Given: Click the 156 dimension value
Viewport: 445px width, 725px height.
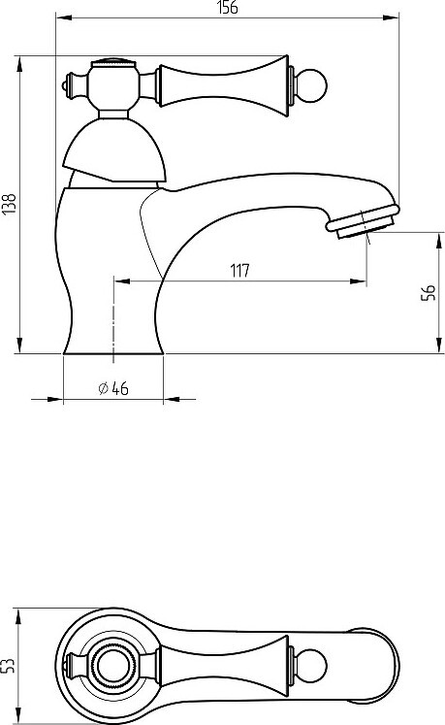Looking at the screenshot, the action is tap(228, 8).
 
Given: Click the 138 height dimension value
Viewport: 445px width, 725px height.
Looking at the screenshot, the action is tap(10, 204).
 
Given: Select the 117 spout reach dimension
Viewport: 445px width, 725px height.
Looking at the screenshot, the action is tap(239, 270).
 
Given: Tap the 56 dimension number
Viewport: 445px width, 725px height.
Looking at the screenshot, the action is tap(429, 293).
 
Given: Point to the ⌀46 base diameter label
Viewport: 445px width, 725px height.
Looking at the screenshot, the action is tap(113, 388).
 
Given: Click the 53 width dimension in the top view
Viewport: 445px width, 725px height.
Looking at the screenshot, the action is tap(9, 666).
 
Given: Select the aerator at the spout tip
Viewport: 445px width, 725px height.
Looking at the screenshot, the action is tap(363, 222).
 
